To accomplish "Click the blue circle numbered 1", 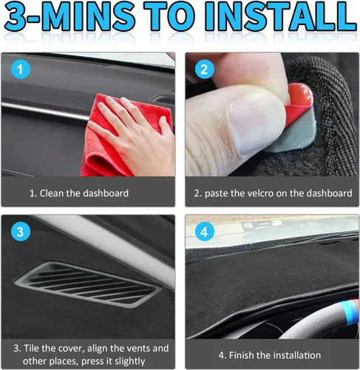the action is click(21, 70).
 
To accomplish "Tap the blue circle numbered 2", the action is click(204, 70).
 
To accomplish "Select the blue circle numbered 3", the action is click(21, 232).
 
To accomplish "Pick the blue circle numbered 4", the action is click(204, 232).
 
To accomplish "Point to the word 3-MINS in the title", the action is click(69, 16).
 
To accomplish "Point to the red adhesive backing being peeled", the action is click(299, 104).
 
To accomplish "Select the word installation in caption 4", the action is click(297, 355).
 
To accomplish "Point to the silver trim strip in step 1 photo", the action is click(44, 110).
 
